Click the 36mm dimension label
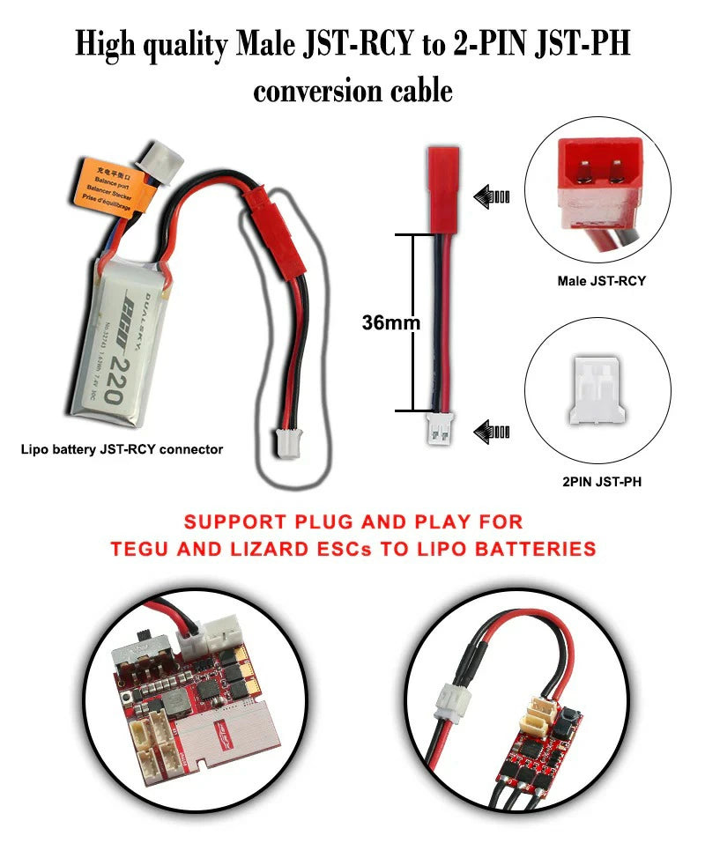(x=390, y=322)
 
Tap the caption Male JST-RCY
(x=601, y=281)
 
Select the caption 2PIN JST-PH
(x=600, y=484)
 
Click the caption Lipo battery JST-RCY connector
(x=122, y=449)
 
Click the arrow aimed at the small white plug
(x=492, y=432)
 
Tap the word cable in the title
(x=418, y=90)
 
